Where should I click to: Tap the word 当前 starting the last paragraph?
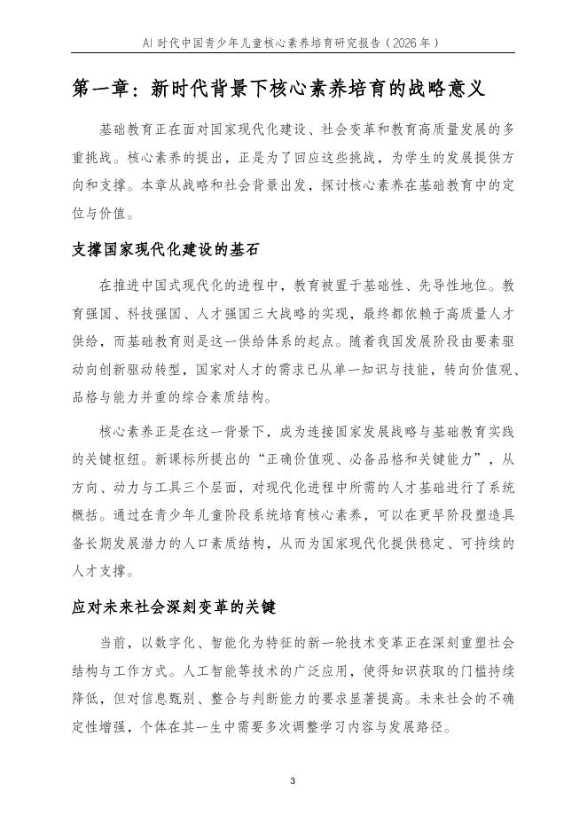(x=113, y=641)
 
